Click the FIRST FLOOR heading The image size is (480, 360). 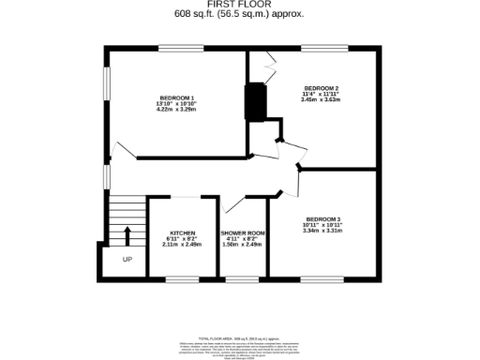[x=239, y=5]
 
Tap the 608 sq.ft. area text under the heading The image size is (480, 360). [x=239, y=14]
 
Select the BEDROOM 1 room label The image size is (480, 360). [x=176, y=98]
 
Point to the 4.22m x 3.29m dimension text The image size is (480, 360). [x=176, y=110]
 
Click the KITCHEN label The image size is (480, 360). [x=182, y=232]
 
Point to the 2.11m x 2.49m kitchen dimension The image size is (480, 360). [x=182, y=244]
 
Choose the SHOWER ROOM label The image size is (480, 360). [x=243, y=232]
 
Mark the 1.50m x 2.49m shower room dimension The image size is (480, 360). [x=243, y=244]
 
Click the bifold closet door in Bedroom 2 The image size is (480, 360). [x=269, y=67]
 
